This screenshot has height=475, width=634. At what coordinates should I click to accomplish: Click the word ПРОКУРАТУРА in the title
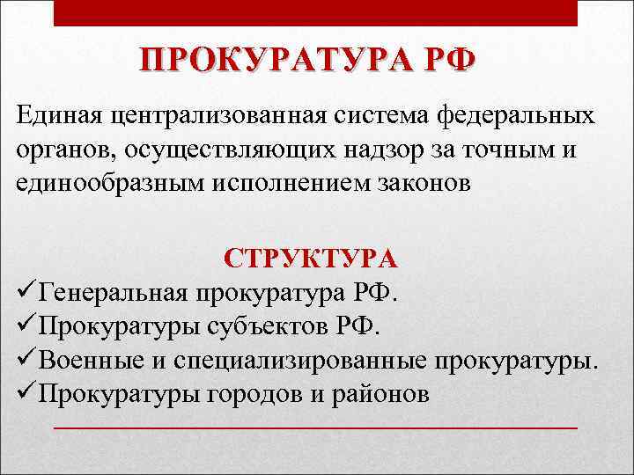(265, 61)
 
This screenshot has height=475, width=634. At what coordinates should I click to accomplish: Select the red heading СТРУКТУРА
(311, 259)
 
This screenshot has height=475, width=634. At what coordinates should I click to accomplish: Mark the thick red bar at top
(316, 12)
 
